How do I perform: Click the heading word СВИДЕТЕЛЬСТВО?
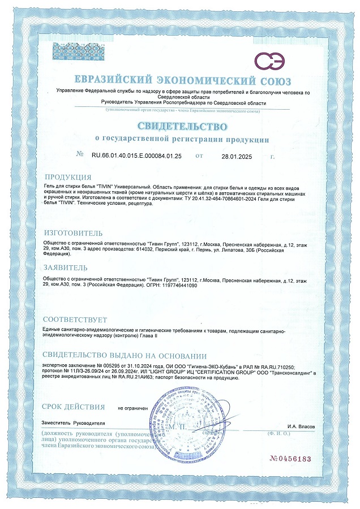tap(181, 125)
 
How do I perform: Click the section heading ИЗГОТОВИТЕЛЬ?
tap(73, 233)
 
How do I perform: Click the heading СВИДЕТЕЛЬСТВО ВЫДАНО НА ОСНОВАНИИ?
tap(124, 355)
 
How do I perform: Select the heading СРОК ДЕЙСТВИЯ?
tap(73, 407)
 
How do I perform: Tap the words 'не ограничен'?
tap(132, 408)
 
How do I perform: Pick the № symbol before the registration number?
tap(79, 154)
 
